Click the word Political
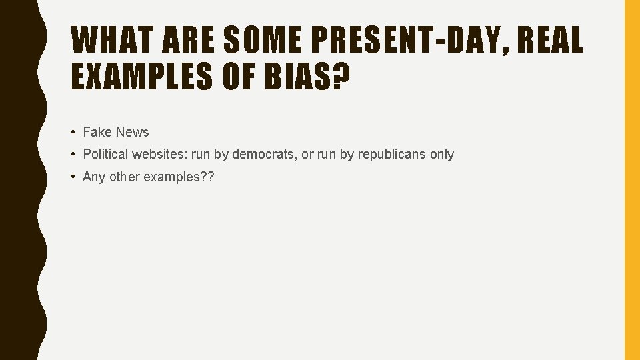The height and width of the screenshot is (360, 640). pos(105,154)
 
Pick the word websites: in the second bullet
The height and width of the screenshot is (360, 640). pos(159,154)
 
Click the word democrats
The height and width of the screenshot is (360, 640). pos(264,154)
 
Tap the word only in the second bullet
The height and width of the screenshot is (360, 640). pos(442,154)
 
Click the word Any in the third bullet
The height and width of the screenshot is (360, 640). pos(94,177)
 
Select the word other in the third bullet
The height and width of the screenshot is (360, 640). pos(125,177)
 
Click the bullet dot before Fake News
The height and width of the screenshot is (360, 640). pos(74,132)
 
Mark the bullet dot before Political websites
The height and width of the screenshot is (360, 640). pos(74,154)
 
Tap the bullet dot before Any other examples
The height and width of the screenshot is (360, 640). pos(74,177)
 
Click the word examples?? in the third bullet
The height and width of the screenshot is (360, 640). pos(179,177)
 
